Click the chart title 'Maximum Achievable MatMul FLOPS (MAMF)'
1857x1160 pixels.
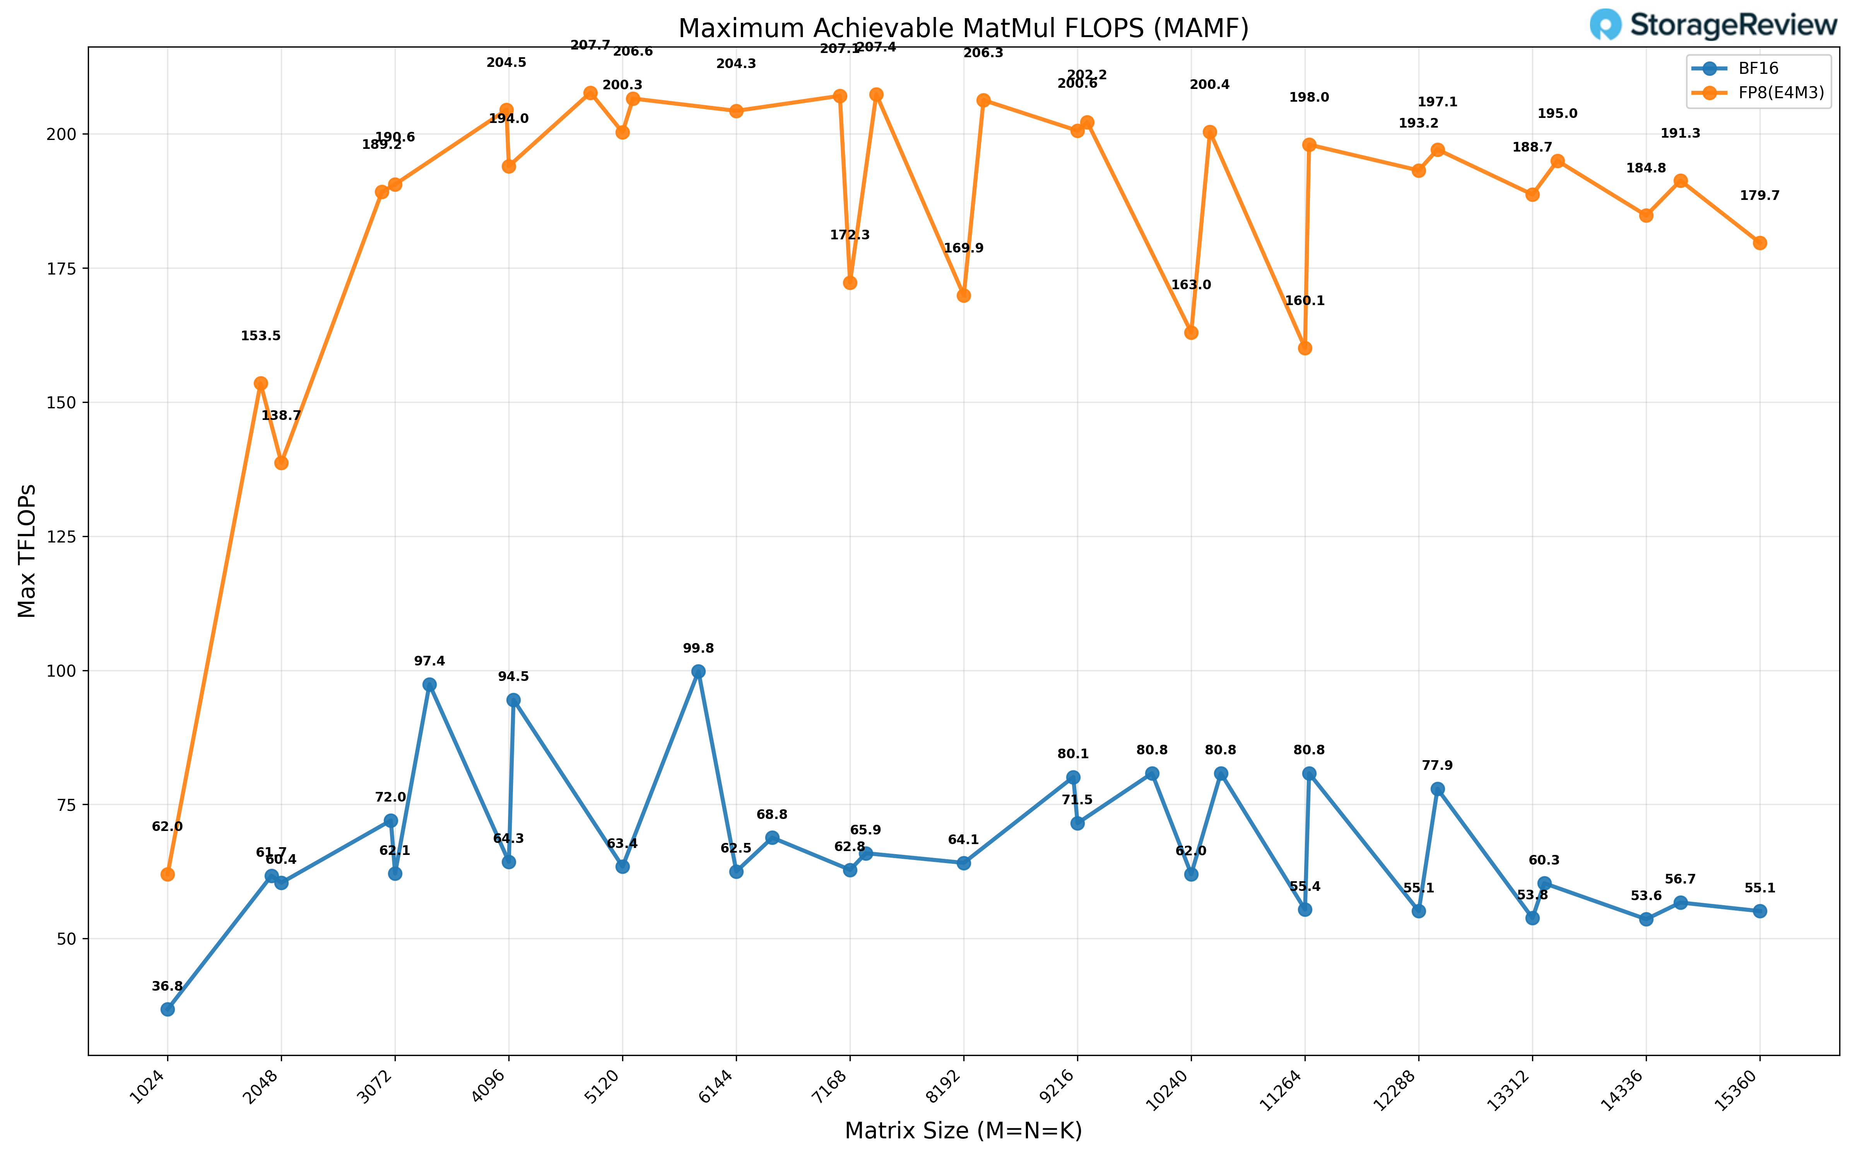pos(963,28)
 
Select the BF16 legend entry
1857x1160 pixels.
pos(1757,68)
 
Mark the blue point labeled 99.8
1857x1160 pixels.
pos(698,671)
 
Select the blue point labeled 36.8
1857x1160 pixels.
pos(167,1009)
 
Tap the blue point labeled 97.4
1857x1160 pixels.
pos(430,684)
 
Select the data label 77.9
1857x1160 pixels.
pos(1437,766)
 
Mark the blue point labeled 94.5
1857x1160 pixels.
pos(513,700)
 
